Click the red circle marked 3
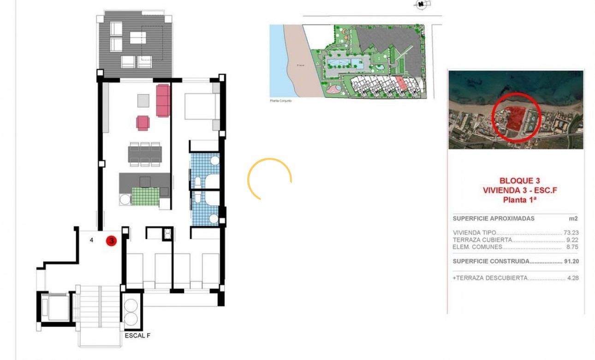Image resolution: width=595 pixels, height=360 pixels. click(111, 240)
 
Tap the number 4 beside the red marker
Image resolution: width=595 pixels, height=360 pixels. click(91, 240)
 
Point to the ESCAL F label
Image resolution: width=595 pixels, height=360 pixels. click(137, 336)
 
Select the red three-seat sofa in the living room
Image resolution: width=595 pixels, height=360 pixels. click(163, 100)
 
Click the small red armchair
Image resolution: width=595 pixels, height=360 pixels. click(143, 123)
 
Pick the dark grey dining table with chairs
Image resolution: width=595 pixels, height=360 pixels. click(145, 155)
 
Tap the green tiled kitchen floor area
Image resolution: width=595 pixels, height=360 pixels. click(145, 197)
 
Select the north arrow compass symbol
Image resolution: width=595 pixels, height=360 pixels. click(421, 5)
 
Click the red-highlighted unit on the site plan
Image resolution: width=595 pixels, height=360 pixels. click(402, 83)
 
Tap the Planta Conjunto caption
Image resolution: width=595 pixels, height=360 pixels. click(280, 100)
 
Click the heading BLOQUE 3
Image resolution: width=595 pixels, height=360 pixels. click(519, 181)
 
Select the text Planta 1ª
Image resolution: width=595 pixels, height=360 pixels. click(519, 199)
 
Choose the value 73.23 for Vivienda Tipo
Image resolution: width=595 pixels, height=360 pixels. click(571, 233)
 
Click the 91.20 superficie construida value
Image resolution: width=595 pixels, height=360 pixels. click(571, 261)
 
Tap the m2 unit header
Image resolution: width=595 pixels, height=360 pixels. click(573, 218)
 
